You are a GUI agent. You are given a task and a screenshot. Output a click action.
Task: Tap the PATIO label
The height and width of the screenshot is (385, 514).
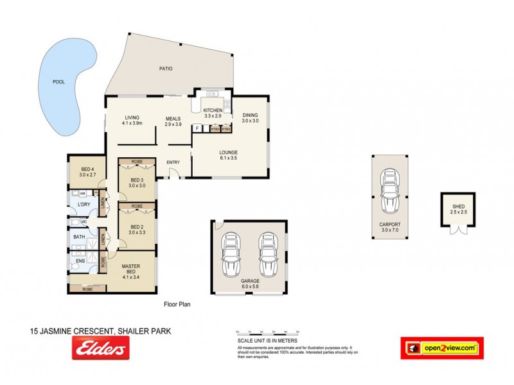pyautogui.click(x=166, y=69)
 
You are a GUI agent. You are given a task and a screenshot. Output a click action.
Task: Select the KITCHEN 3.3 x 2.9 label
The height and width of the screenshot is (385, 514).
pyautogui.click(x=213, y=112)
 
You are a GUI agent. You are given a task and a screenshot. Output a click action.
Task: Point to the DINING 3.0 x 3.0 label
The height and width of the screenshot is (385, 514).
pyautogui.click(x=250, y=117)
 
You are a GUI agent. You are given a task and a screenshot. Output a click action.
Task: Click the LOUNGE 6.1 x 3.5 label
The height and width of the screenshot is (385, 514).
pyautogui.click(x=228, y=155)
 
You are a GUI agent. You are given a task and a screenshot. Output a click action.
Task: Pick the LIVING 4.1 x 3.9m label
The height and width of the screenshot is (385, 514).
pyautogui.click(x=132, y=120)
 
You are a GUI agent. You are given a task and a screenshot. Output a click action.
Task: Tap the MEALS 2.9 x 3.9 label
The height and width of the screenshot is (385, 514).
pyautogui.click(x=173, y=121)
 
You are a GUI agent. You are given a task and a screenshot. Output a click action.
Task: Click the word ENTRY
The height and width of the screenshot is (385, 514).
pyautogui.click(x=173, y=162)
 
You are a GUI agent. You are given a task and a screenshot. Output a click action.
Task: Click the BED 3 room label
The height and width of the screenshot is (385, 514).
pyautogui.click(x=137, y=182)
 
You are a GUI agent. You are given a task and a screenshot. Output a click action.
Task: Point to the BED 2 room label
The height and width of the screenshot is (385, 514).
pyautogui.click(x=137, y=229)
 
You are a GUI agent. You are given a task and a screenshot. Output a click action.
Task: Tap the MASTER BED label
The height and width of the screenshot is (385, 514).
pyautogui.click(x=130, y=271)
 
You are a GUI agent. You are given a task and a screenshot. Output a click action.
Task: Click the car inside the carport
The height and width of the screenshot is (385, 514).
pyautogui.click(x=389, y=191)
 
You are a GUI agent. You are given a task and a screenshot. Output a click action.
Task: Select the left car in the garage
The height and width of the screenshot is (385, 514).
pyautogui.click(x=232, y=255)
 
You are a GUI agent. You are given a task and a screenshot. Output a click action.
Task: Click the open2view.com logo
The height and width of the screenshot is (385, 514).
pyautogui.click(x=441, y=348)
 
